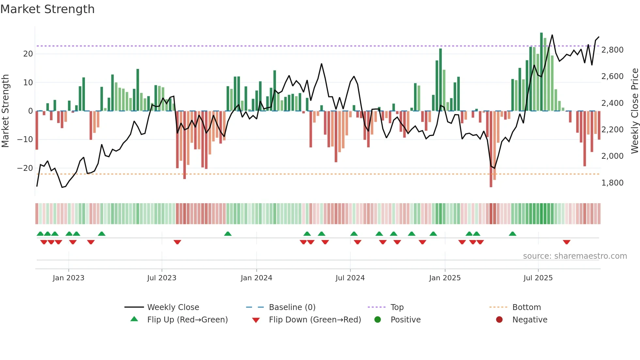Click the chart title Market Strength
tap(47, 9)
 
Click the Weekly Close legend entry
tap(173, 307)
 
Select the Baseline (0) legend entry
tap(292, 307)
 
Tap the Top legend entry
tap(397, 307)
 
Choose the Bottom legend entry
tap(526, 307)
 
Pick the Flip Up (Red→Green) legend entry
tap(187, 320)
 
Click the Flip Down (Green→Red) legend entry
tap(315, 320)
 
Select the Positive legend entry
tap(405, 320)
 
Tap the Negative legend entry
tap(529, 320)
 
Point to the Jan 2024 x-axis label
tap(256, 278)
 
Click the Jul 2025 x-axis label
tap(538, 278)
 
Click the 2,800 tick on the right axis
tap(612, 50)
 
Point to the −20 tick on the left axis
tap(25, 168)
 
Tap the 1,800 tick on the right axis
tap(612, 183)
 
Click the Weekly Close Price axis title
tap(634, 111)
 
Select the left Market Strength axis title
tap(5, 111)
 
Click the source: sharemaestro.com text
tap(575, 256)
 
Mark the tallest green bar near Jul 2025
tap(541, 72)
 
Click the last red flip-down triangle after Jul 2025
tap(567, 242)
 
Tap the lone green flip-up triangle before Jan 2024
tap(228, 234)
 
